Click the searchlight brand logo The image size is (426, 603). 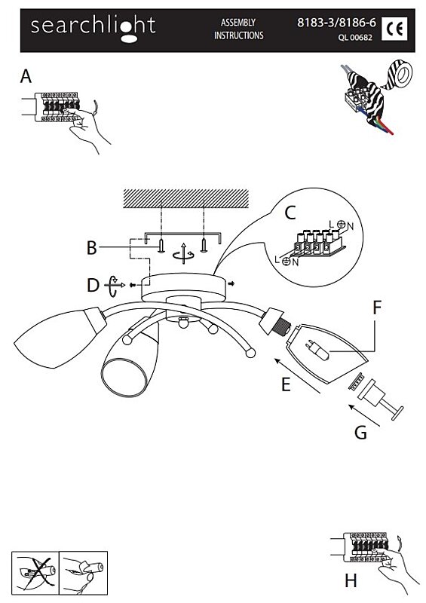[x=93, y=28]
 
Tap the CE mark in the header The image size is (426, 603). [x=394, y=29]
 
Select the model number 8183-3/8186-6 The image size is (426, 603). [x=336, y=23]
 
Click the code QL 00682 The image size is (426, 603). [x=355, y=38]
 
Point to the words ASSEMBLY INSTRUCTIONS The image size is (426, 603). [x=238, y=29]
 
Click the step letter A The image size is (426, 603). [x=26, y=76]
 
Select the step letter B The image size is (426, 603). [x=91, y=248]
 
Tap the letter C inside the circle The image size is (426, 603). [x=290, y=213]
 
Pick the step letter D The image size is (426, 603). [x=93, y=286]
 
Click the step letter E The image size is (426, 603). [x=286, y=384]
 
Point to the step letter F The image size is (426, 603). [x=377, y=308]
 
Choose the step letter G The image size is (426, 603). [x=360, y=433]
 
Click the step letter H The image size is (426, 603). [x=351, y=580]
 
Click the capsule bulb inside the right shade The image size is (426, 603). [x=317, y=350]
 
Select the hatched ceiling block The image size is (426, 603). [x=185, y=198]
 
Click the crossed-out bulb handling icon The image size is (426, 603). [x=35, y=572]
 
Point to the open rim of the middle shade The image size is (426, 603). [x=124, y=378]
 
